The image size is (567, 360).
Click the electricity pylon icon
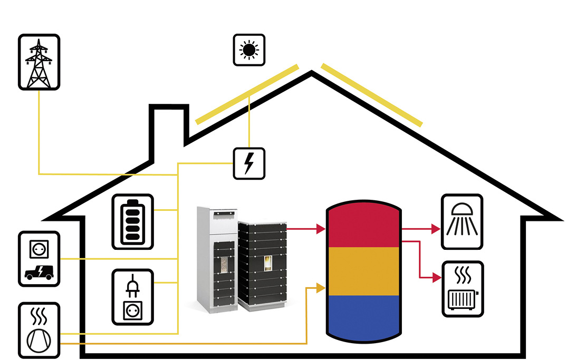[39, 62]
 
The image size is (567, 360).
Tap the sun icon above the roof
[249, 50]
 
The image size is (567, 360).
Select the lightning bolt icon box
[249, 163]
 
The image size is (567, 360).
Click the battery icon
[132, 221]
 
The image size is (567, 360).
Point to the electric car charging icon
[39, 259]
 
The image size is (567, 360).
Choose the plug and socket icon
[132, 297]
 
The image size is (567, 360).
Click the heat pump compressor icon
[39, 330]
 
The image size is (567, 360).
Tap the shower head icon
[462, 221]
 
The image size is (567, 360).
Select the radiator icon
[462, 289]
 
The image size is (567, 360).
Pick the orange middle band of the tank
[362, 271]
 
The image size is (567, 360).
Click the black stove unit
[263, 264]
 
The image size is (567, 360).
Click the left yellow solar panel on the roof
[247, 94]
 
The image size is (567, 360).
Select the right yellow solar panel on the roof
[372, 95]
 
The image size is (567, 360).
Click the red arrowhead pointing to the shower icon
[435, 229]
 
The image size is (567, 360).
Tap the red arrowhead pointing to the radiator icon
[435, 276]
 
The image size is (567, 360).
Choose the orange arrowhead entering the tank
[320, 287]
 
